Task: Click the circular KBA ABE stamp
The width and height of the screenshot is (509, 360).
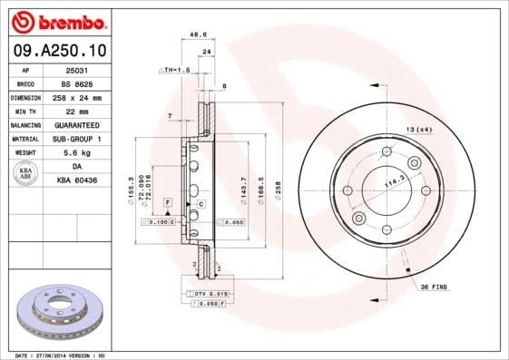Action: [x=25, y=173]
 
